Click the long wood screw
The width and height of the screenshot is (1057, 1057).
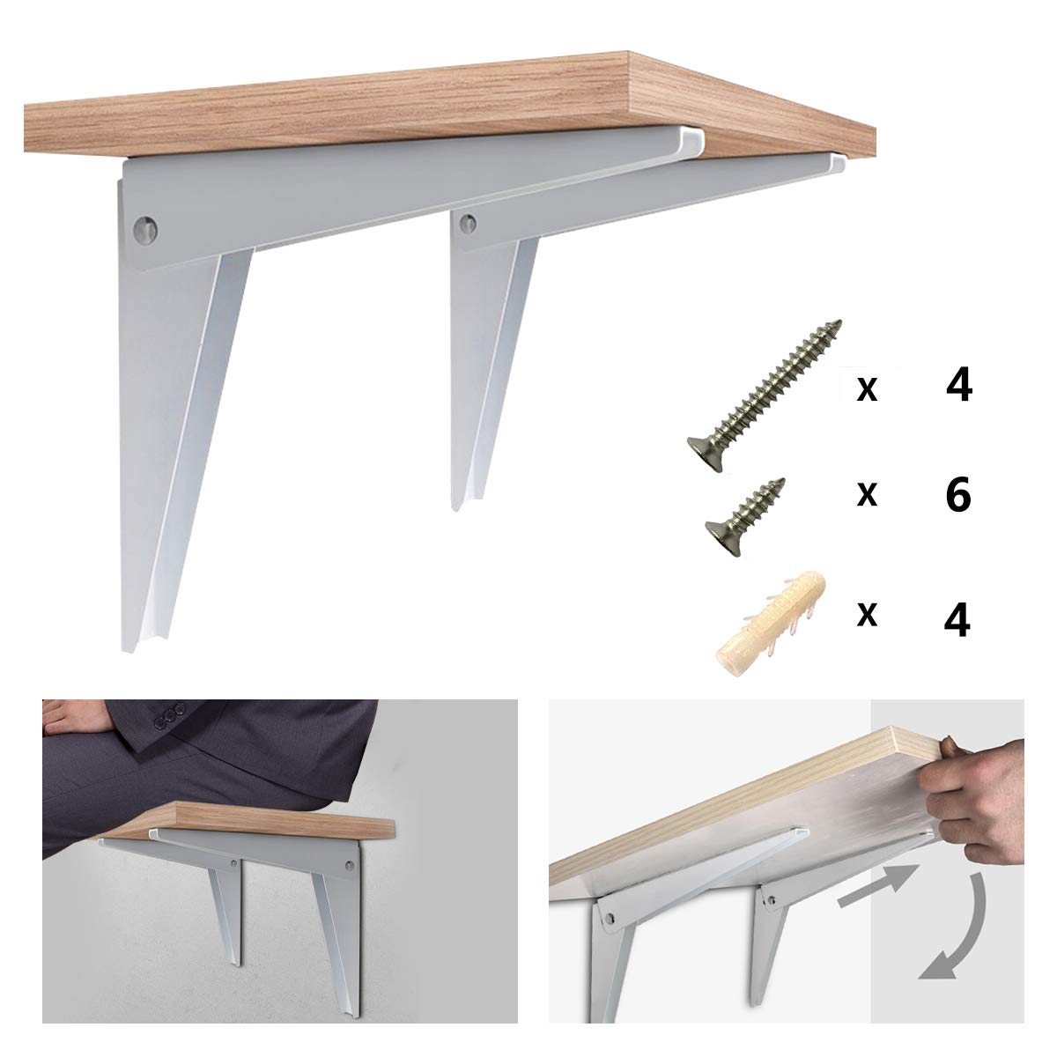point(765,388)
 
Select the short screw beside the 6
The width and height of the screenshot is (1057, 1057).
point(745,516)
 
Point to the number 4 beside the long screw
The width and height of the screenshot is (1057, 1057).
point(957,386)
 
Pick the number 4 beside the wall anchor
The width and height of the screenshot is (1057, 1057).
point(957,618)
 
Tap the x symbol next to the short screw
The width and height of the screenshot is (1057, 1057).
point(867,495)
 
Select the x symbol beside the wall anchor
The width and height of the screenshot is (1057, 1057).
point(867,616)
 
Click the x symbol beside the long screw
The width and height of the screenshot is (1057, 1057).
point(867,388)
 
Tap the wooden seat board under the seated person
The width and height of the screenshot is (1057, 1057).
point(264,820)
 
